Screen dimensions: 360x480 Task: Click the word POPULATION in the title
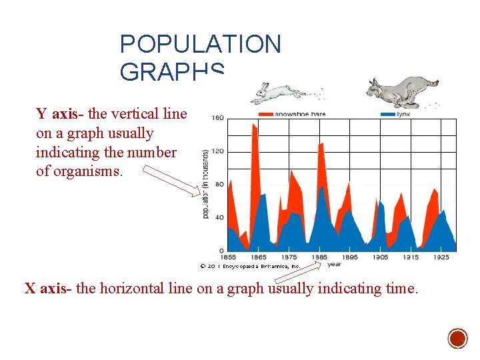200,45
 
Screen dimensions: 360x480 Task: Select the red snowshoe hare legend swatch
265,114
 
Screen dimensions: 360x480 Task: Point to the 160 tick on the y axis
217,119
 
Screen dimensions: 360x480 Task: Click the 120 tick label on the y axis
217,151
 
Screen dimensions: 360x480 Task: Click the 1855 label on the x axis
228,257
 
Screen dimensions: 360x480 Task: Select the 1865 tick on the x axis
259,257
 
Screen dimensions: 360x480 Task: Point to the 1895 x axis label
349,257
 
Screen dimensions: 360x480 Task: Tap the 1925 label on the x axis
441,257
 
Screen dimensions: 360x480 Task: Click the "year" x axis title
334,264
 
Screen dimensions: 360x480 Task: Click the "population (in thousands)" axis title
205,183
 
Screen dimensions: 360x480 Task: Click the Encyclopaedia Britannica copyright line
250,265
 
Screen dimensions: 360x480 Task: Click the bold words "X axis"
47,289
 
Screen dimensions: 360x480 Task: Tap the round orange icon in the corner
457,339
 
